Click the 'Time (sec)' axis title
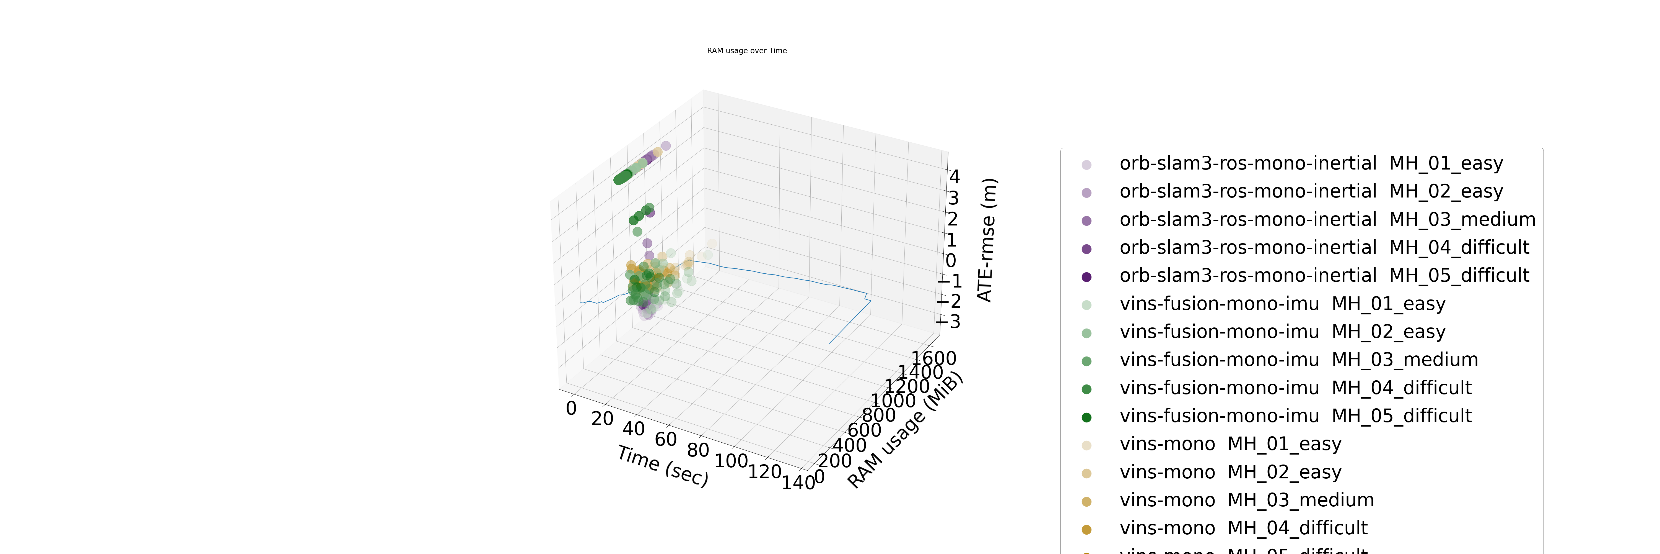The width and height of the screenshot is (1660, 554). point(662,466)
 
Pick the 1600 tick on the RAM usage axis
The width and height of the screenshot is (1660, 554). point(933,358)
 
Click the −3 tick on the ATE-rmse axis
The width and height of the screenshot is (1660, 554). point(949,321)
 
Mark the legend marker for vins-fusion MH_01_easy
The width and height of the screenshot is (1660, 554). point(1086,304)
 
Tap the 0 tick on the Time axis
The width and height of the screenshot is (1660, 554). point(571,408)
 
